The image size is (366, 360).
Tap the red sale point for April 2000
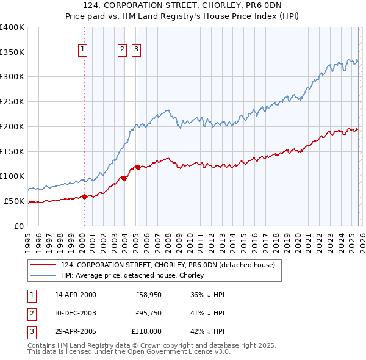pos(84,196)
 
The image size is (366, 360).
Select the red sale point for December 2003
pos(124,178)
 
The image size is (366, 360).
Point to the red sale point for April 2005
pos(138,167)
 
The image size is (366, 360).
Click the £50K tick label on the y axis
pos(15,201)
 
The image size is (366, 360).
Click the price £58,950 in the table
pos(148,295)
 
